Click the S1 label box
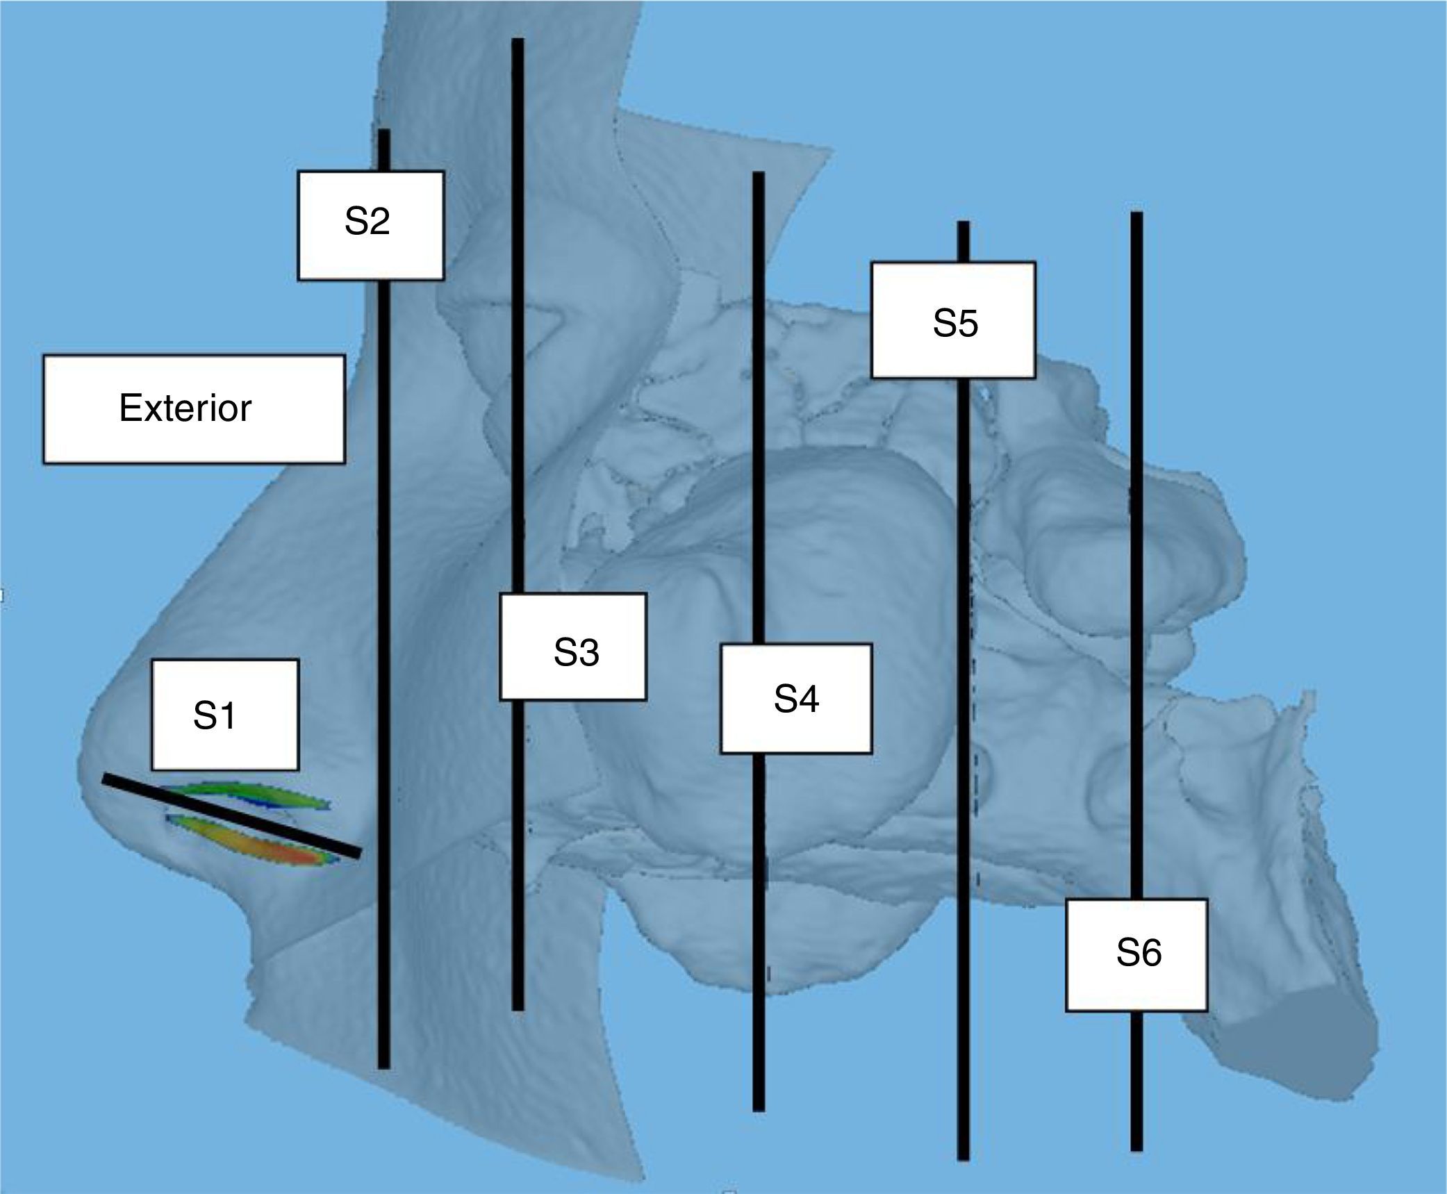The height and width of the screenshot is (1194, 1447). coord(225,715)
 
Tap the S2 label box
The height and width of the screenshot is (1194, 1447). coord(370,225)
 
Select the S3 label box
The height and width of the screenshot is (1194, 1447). coord(573,646)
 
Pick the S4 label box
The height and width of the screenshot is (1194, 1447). coord(796,698)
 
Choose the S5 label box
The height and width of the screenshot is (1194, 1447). coord(954,320)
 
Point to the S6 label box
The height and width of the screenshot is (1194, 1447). coord(1136,954)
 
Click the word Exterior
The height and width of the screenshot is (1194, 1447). coord(185,408)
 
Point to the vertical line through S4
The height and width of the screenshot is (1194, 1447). coord(759,417)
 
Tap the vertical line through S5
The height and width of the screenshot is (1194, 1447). coord(963,625)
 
